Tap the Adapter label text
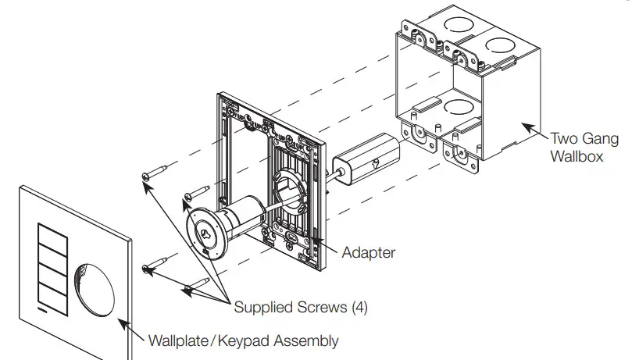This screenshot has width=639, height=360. tap(369, 253)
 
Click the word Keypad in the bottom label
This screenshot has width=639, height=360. tap(239, 340)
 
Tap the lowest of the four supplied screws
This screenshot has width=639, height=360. tap(195, 287)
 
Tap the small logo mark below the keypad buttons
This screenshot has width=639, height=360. tap(41, 310)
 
